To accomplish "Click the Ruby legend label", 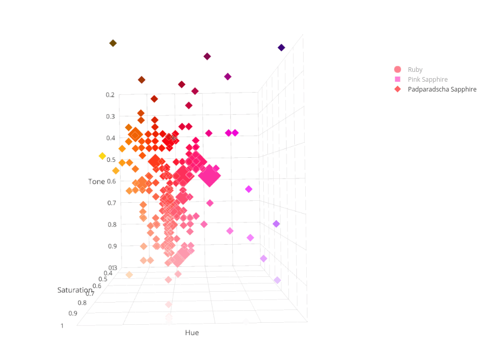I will [x=415, y=69].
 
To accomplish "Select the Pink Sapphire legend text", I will [x=427, y=79].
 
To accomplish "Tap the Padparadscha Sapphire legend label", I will [x=442, y=89].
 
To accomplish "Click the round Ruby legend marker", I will [x=398, y=69].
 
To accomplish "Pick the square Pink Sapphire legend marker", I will [x=398, y=79].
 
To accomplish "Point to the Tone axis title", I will [x=96, y=182].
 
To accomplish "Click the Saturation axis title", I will [x=75, y=290].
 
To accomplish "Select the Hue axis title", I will [x=192, y=333].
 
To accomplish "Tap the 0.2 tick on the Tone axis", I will [x=110, y=95].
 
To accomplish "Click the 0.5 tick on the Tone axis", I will [x=110, y=160].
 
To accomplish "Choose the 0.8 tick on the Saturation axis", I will [x=82, y=303].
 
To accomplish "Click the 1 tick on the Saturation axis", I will [x=63, y=326].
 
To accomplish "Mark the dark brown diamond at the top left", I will [x=113, y=43].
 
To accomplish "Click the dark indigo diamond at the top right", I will [x=281, y=48].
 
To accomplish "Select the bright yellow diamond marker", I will [x=102, y=156].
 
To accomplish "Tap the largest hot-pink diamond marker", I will [x=210, y=176].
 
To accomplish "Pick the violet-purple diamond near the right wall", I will [x=276, y=224].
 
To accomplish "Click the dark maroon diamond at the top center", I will [x=207, y=56].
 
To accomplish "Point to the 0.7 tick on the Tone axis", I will [x=110, y=203].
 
